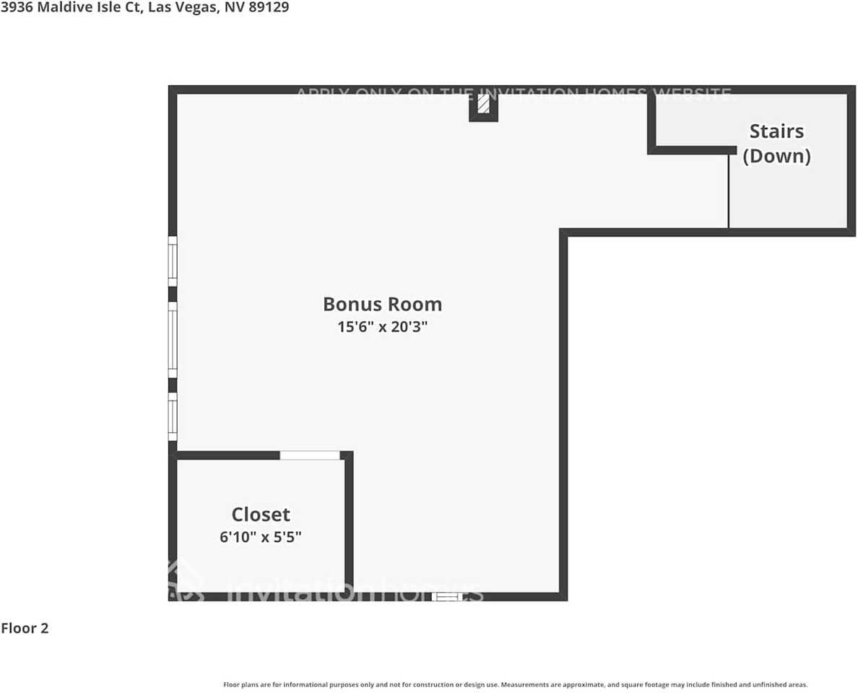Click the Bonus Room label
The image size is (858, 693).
point(382,304)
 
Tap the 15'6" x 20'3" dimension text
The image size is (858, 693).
point(382,326)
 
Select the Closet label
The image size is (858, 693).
point(261,514)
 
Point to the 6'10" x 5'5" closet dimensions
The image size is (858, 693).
point(261,537)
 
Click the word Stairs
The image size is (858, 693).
point(776,131)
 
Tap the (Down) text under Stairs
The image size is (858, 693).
point(776,156)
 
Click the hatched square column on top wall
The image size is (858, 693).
point(483,106)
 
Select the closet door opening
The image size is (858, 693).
point(309,455)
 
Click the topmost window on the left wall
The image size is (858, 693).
point(173,261)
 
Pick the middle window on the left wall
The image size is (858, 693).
point(173,339)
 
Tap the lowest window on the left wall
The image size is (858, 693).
point(173,417)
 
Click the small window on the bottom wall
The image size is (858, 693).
point(446,596)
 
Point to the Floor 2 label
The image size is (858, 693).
point(25,628)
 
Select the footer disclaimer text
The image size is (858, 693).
point(515,684)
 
